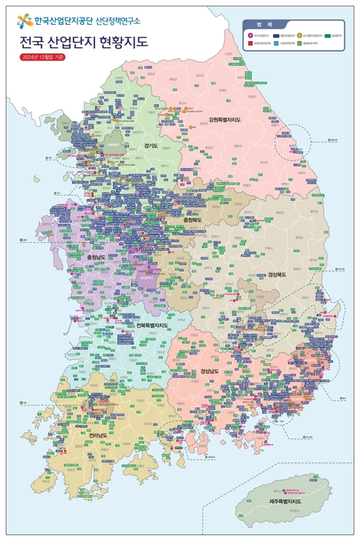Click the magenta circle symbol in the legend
(250, 36)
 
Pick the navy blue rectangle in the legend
(275, 36)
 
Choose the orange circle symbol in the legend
(301, 36)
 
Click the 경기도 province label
(151, 145)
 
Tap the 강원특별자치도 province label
(225, 120)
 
